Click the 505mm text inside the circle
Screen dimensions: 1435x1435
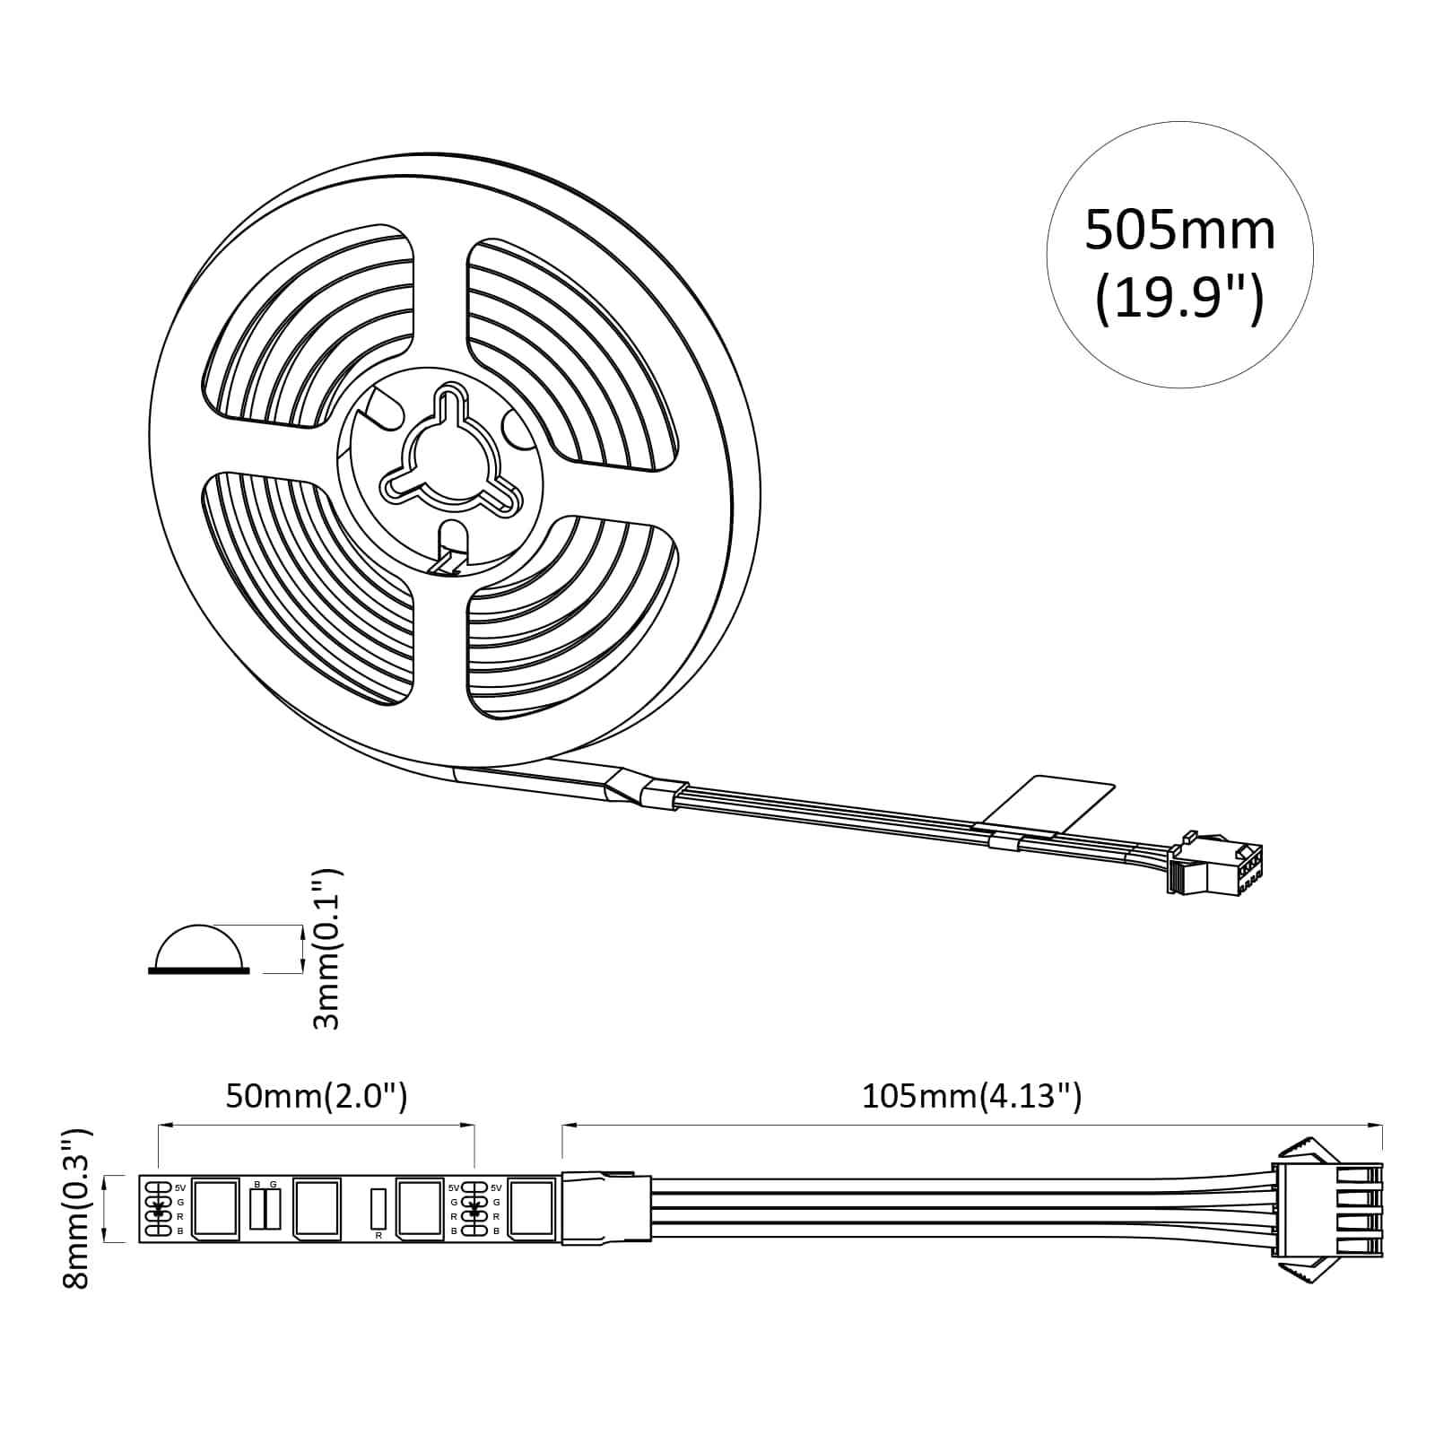pyautogui.click(x=1179, y=230)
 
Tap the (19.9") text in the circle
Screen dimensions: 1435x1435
pyautogui.click(x=1179, y=299)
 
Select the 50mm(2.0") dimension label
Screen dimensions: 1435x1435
pyautogui.click(x=316, y=1096)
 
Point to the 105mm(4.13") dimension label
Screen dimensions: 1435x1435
pyautogui.click(x=971, y=1096)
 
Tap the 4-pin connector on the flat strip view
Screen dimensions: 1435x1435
pyautogui.click(x=1327, y=1208)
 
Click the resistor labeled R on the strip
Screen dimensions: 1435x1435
pyautogui.click(x=378, y=1208)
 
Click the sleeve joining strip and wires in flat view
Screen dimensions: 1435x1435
pyautogui.click(x=605, y=1208)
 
